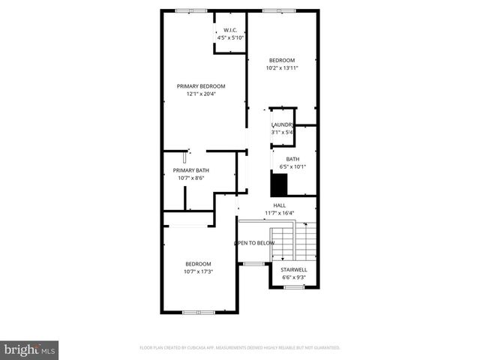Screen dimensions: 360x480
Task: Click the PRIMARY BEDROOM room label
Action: [x=201, y=86]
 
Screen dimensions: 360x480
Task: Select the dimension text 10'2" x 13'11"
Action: [x=282, y=68]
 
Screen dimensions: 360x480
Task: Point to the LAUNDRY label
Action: [x=282, y=124]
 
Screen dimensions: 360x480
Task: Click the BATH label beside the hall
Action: [x=292, y=158]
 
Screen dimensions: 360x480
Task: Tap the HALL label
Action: [x=279, y=205]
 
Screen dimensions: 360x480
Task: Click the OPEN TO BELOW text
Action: [x=254, y=243]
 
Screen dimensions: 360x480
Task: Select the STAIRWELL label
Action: [x=293, y=269]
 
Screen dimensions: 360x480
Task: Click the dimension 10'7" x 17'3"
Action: [x=199, y=271]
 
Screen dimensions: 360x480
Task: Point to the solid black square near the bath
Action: [x=279, y=184]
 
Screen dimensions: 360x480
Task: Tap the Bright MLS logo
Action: [x=30, y=349]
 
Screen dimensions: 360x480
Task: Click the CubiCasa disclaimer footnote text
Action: [x=240, y=348]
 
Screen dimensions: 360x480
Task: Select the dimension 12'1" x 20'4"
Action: [x=201, y=94]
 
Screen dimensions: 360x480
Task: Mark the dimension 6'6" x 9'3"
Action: [x=293, y=277]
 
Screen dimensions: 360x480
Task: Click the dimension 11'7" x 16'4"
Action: [x=279, y=212]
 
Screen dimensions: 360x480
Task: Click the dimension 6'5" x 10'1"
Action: [x=292, y=166]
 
